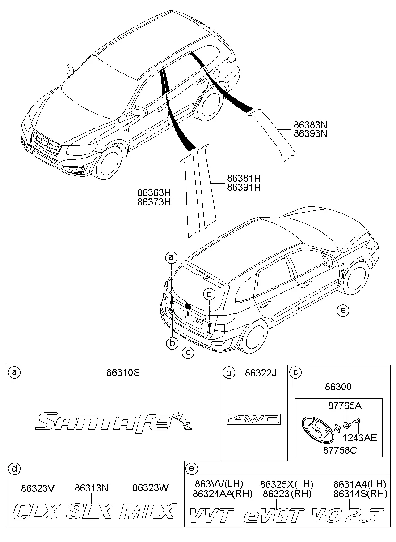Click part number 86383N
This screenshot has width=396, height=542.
pos(310,125)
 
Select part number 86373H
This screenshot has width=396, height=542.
pos(154,202)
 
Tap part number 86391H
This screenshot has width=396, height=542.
pos(244,187)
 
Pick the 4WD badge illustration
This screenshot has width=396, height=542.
pos(254,419)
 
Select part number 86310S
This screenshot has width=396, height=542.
pos(123,372)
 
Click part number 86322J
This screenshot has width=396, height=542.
pos(260,373)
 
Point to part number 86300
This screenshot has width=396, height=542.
pos(338,387)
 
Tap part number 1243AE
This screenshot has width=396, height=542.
pos(360,438)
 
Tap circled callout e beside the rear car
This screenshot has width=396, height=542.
pos(343,310)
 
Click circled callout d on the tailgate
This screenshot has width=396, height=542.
pos(209,294)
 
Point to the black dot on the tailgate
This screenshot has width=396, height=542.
pos(188,307)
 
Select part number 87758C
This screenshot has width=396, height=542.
pos(340,450)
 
